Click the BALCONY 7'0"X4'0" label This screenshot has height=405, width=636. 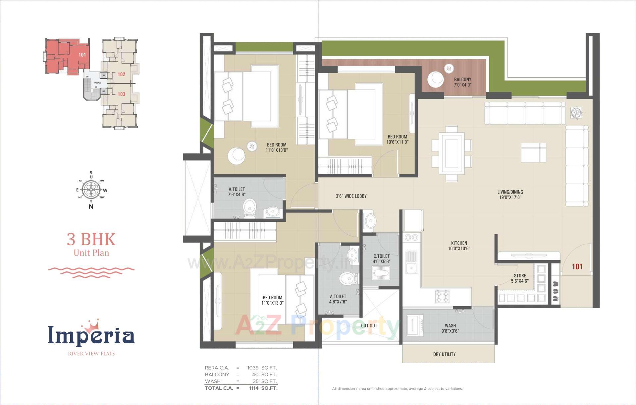coord(462,82)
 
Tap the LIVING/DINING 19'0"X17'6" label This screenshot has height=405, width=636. coord(510,195)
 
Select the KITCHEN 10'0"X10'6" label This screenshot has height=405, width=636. coord(459,246)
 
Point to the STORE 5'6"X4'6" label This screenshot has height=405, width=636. coord(520,278)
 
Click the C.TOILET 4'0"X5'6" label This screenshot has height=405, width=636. coord(381,259)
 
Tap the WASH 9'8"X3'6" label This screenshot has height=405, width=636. coord(450,328)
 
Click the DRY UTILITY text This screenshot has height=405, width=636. coord(444,354)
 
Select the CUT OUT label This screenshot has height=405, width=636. coord(369,325)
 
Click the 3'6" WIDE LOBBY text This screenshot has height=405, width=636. coord(351,196)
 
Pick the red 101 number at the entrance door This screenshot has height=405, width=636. coord(577,266)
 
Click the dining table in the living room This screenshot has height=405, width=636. coord(451,153)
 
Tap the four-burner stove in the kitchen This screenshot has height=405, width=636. coord(442,296)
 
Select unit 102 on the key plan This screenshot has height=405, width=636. coord(121,74)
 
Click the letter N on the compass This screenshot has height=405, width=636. coord(91,206)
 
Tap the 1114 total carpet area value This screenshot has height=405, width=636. coord(254,388)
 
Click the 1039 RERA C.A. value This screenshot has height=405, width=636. coord(253,368)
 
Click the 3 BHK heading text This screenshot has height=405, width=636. coord(91,239)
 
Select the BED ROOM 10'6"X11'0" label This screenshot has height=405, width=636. coord(397,139)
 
